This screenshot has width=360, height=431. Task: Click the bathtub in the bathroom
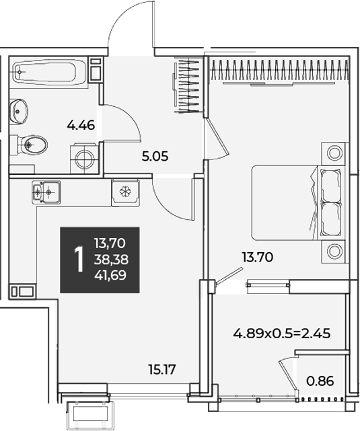coord(48,73)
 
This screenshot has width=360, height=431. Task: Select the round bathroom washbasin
coord(18,111)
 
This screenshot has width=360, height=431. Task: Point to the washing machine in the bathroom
coord(85,159)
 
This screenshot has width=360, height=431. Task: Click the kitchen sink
coord(46,192)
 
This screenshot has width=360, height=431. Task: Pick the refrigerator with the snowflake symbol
coord(125,192)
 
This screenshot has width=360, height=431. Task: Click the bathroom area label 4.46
coord(81,125)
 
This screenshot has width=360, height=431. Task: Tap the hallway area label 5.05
coord(155,157)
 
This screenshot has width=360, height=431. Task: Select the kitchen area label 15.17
coord(161,370)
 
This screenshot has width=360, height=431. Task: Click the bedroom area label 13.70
coord(258,258)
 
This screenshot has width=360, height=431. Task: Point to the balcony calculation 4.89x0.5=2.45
coord(282,334)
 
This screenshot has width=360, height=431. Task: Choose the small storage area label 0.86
coord(320,381)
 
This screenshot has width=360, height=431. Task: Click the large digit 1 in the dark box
coord(79,260)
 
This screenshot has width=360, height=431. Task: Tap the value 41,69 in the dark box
coord(110,275)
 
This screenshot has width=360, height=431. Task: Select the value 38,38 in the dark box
coord(111,259)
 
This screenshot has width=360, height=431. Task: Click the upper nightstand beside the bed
coord(334,153)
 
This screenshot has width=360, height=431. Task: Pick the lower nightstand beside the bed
coord(334,251)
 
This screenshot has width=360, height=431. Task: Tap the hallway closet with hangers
coord(188,86)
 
